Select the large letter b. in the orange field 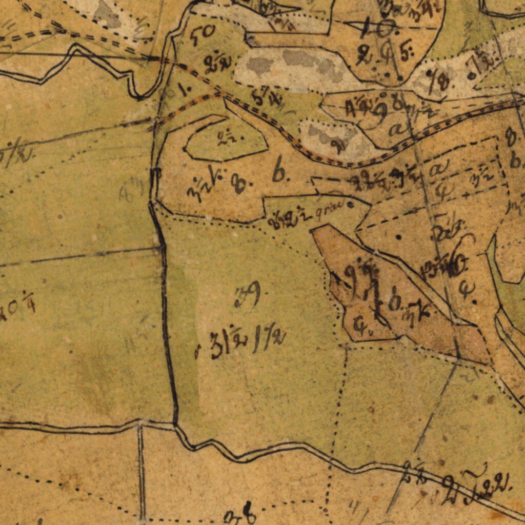[x=280, y=173]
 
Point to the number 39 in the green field [x=248, y=296]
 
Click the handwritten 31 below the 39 [x=217, y=347]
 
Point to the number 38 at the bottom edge [x=240, y=513]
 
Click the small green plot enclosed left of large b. [x=226, y=139]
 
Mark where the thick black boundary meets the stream [x=176, y=425]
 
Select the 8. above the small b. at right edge [x=510, y=137]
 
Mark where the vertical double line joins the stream [x=140, y=423]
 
